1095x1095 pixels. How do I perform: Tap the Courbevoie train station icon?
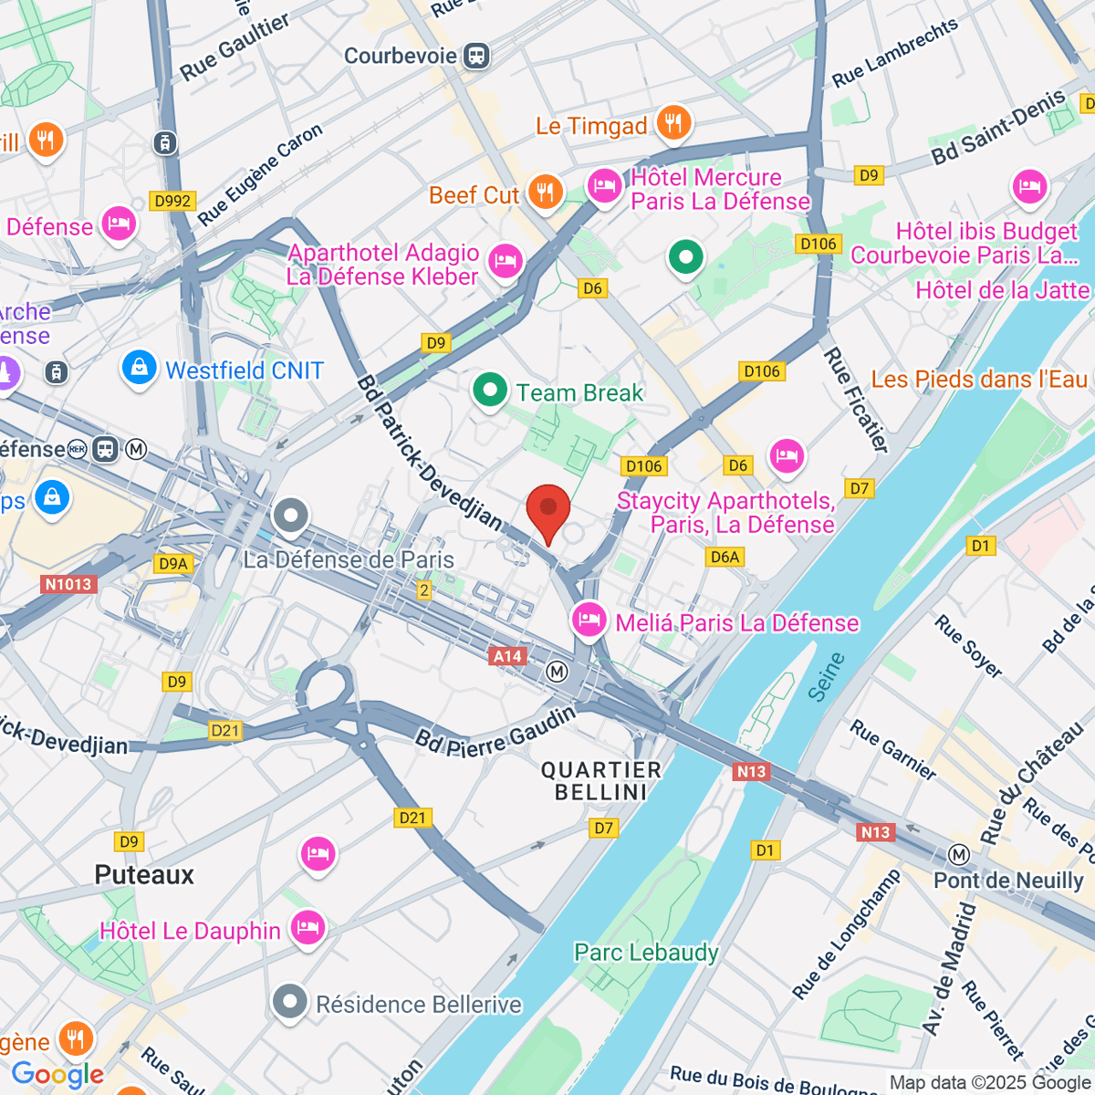coord(476,56)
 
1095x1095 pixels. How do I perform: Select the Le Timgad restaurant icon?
coord(674,123)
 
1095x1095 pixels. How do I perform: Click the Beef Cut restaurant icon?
coord(545,192)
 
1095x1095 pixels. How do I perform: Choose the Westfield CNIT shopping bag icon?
coord(139,368)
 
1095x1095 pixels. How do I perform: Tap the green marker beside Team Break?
coord(490,391)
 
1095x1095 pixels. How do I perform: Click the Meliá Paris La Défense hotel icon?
coord(589,620)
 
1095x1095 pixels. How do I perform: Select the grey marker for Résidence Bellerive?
coord(290,1001)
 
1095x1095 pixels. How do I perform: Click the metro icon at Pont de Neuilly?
coord(958,855)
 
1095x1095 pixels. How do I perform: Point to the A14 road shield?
coord(507,656)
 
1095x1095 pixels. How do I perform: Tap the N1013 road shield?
coord(68,584)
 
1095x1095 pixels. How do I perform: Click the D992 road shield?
coord(172,201)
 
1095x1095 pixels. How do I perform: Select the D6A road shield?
coord(725,557)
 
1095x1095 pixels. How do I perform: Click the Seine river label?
coord(828,677)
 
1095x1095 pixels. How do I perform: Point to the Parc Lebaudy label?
coord(646,953)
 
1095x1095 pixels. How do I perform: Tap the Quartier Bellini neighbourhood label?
coord(600,781)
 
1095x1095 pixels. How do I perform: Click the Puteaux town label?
coord(144,875)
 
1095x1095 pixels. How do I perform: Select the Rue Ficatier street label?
coord(856,400)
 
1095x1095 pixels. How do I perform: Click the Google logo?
coord(57,1075)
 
